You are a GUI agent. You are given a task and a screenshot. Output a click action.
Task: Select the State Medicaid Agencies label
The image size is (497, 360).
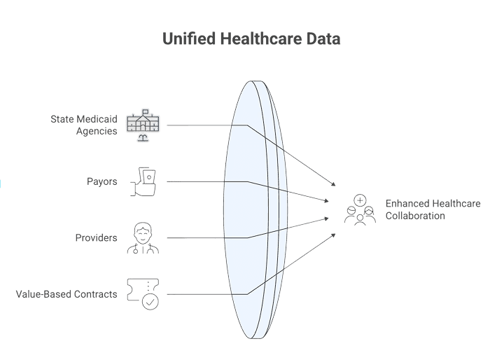coord(85,125)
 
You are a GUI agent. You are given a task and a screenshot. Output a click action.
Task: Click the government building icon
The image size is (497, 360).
coord(143,125)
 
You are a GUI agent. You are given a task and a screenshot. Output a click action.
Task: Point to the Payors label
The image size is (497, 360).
coord(102,181)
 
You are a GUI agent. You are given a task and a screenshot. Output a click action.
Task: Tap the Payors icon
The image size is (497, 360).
coord(143,181)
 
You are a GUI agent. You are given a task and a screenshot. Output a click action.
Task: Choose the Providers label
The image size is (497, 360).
coord(96,237)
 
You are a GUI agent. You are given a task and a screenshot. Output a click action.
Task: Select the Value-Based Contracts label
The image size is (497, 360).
coord(66,293)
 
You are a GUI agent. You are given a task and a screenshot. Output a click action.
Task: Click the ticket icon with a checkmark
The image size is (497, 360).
coord(143,293)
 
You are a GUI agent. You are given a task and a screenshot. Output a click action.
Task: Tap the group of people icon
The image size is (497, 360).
coord(359,209)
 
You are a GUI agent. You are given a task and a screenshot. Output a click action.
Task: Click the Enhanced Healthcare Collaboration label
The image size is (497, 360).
coord(433,209)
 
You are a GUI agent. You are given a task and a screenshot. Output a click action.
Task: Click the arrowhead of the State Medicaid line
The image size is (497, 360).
coord(333,184)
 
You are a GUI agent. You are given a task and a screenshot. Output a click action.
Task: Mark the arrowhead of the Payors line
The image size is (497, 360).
coord(327,201)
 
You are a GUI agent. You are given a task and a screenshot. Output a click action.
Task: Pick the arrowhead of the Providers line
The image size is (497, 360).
coord(327,219)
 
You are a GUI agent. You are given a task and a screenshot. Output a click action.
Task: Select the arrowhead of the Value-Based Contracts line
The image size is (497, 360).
coord(333,235)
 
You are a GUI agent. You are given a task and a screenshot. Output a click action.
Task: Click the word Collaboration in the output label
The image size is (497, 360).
coord(415,216)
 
